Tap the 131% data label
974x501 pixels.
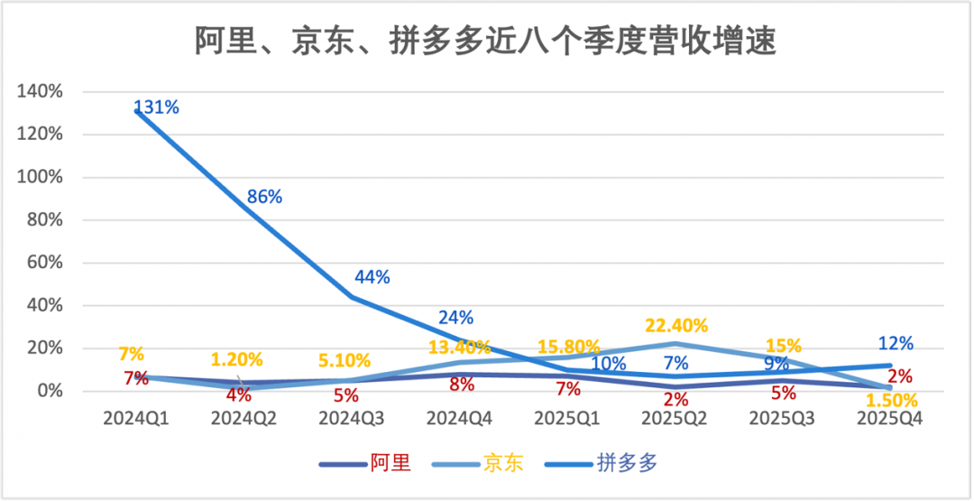click(157, 107)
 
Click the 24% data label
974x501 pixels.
click(456, 318)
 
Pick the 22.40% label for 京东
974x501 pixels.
click(675, 325)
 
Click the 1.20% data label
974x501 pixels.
click(236, 359)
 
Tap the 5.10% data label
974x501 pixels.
click(344, 360)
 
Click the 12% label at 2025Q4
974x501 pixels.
click(895, 344)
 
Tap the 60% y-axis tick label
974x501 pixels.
click(45, 263)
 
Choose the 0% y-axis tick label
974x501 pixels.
click(50, 391)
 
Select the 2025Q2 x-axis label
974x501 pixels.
click(672, 419)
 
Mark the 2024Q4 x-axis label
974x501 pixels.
click(456, 419)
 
